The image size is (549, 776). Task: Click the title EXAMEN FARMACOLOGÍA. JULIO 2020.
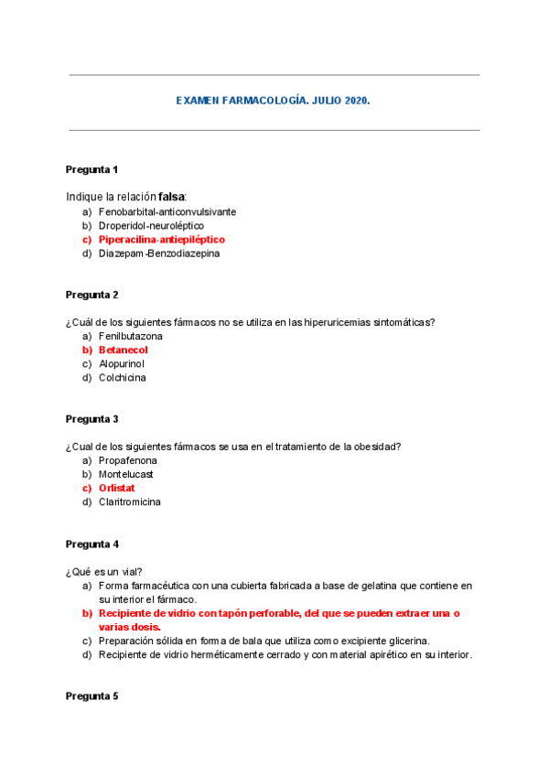point(273,101)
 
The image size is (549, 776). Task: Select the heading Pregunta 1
point(91,169)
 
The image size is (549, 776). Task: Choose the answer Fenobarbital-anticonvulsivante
point(167,211)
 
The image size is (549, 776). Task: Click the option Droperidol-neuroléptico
point(151,225)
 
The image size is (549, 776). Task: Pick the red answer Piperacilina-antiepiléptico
point(161,239)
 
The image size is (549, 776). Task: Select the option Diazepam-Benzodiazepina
point(159,253)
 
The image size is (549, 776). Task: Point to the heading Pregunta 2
point(91,295)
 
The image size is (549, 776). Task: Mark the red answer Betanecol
point(124,350)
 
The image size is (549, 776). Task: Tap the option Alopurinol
point(122,363)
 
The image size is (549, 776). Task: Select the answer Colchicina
point(123,377)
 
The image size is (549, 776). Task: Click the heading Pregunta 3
point(91,419)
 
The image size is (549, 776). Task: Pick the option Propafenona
point(128,460)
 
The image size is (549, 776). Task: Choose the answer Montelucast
point(126,474)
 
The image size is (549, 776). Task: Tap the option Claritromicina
point(130,501)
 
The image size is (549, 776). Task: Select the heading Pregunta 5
point(91,695)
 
